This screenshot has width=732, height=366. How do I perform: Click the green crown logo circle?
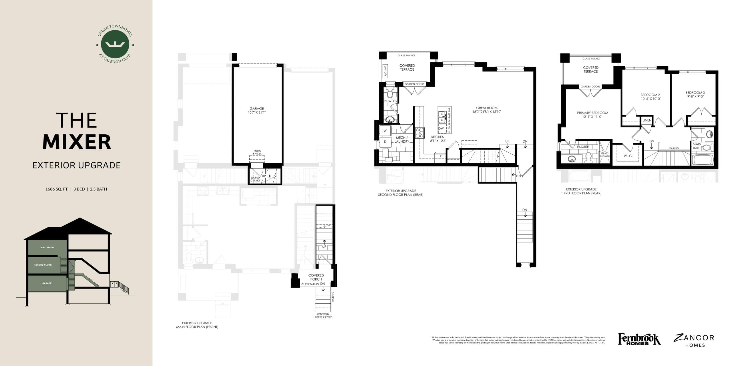(115, 44)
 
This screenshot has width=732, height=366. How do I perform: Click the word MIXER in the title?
(77, 142)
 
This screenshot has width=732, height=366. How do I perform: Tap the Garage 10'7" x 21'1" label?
(256, 110)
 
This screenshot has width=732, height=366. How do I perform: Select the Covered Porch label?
(316, 277)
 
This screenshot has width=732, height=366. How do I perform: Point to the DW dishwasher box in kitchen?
(441, 128)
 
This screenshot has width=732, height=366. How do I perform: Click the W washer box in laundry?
(385, 131)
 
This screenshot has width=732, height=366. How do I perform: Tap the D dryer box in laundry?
(385, 142)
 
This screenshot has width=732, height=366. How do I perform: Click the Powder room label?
(390, 101)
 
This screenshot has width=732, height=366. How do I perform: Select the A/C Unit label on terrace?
(385, 71)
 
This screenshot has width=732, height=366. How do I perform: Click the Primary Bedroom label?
(592, 115)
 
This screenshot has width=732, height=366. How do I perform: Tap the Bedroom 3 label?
(695, 94)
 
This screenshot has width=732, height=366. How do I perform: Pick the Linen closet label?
(647, 120)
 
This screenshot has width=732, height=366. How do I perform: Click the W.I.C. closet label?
(628, 156)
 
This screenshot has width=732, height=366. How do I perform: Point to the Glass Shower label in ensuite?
(605, 155)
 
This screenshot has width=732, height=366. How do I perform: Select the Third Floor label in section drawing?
(47, 247)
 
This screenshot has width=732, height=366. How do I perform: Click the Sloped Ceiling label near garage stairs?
(255, 179)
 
